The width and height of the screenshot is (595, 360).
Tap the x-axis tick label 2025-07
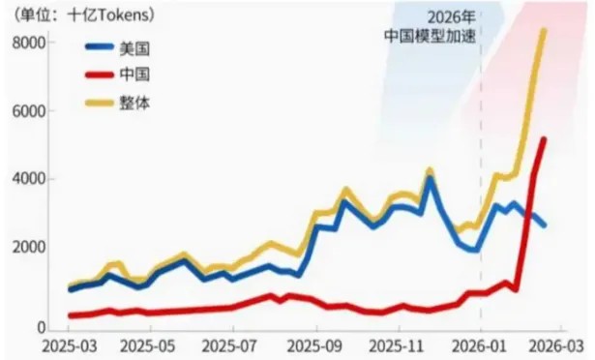click(x=234, y=345)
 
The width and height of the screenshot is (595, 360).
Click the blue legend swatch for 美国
click(x=100, y=46)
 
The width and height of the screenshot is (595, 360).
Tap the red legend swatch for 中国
click(x=100, y=74)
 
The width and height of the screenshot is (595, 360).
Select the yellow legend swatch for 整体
click(x=100, y=101)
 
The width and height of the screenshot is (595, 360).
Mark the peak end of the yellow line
click(x=543, y=31)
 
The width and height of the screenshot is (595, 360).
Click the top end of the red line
click(x=543, y=139)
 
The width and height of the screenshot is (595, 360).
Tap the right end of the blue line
click(x=544, y=225)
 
